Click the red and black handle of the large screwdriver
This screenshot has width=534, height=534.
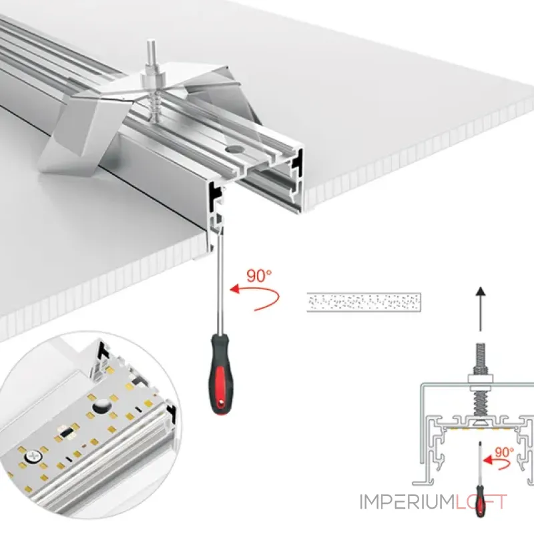pyautogui.click(x=222, y=374)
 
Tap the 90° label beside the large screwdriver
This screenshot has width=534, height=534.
pyautogui.click(x=259, y=276)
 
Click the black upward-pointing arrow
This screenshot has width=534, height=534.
pyautogui.click(x=481, y=308)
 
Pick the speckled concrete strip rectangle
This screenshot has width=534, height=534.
pyautogui.click(x=364, y=302)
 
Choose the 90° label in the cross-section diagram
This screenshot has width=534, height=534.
pyautogui.click(x=505, y=453)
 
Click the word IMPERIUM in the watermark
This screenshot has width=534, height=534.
pyautogui.click(x=407, y=502)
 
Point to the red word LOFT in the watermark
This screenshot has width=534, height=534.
pyautogui.click(x=481, y=502)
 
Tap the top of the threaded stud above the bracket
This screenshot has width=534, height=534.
pyautogui.click(x=150, y=43)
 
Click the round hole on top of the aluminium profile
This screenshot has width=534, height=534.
pyautogui.click(x=234, y=148)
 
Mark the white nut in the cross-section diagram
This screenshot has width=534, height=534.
pyautogui.click(x=480, y=382)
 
